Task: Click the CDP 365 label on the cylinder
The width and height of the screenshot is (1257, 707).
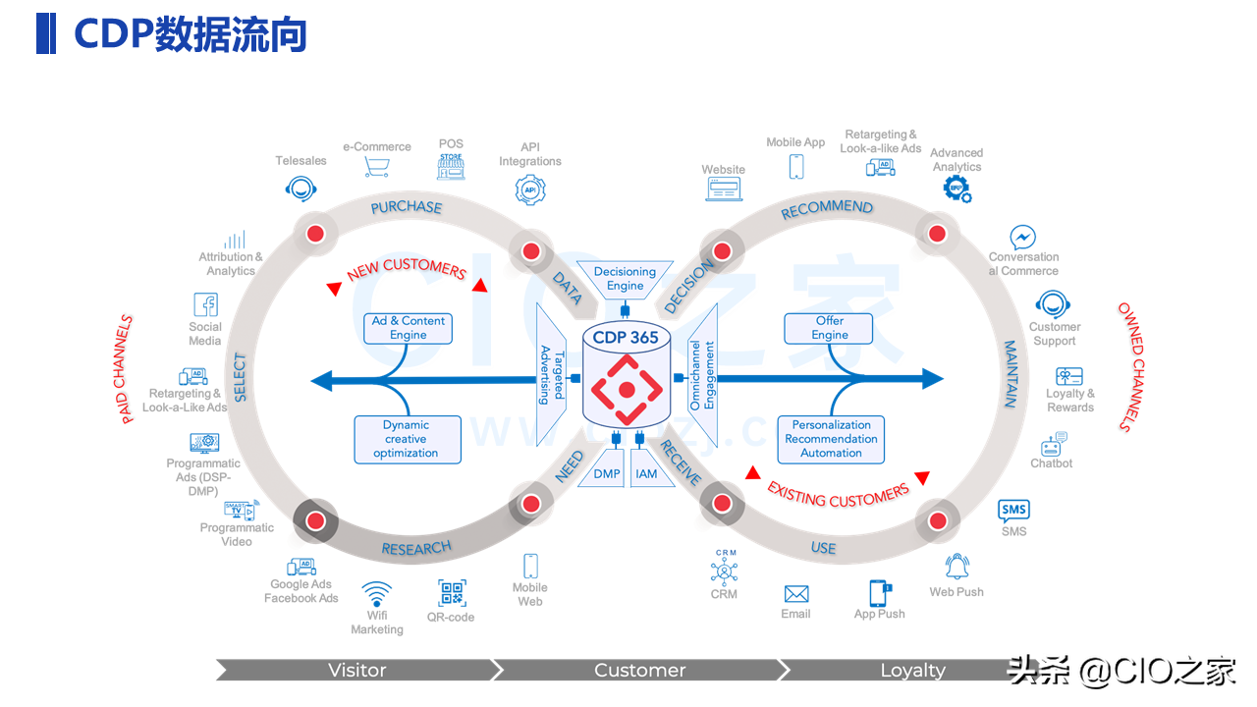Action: point(626,338)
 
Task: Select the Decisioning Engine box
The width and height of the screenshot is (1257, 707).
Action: point(625,279)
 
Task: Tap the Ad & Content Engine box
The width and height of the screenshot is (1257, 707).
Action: point(409,328)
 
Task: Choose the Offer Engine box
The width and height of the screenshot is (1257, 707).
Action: point(830,328)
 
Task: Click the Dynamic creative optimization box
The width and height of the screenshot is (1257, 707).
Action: point(407,439)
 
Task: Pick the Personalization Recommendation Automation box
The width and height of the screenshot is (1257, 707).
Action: point(831,439)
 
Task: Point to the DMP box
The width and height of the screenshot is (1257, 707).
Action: point(607,474)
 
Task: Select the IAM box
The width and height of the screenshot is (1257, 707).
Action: point(646,474)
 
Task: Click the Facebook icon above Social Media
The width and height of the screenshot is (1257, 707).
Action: point(205,304)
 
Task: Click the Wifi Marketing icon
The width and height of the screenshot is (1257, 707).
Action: point(376,595)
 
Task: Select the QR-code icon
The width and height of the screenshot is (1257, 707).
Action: point(452,593)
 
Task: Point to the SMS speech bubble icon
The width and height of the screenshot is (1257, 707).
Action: point(1013,510)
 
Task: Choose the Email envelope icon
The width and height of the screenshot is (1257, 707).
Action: point(795,594)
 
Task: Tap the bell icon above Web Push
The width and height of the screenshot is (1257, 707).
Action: point(956,567)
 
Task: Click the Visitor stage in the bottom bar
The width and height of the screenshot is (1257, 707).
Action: point(356,670)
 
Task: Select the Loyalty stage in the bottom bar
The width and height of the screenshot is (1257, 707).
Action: point(911,670)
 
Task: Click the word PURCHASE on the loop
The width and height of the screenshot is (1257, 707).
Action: point(406,207)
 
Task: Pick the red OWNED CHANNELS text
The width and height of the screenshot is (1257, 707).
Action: point(1130,366)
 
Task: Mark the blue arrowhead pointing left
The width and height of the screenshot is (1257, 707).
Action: point(320,380)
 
